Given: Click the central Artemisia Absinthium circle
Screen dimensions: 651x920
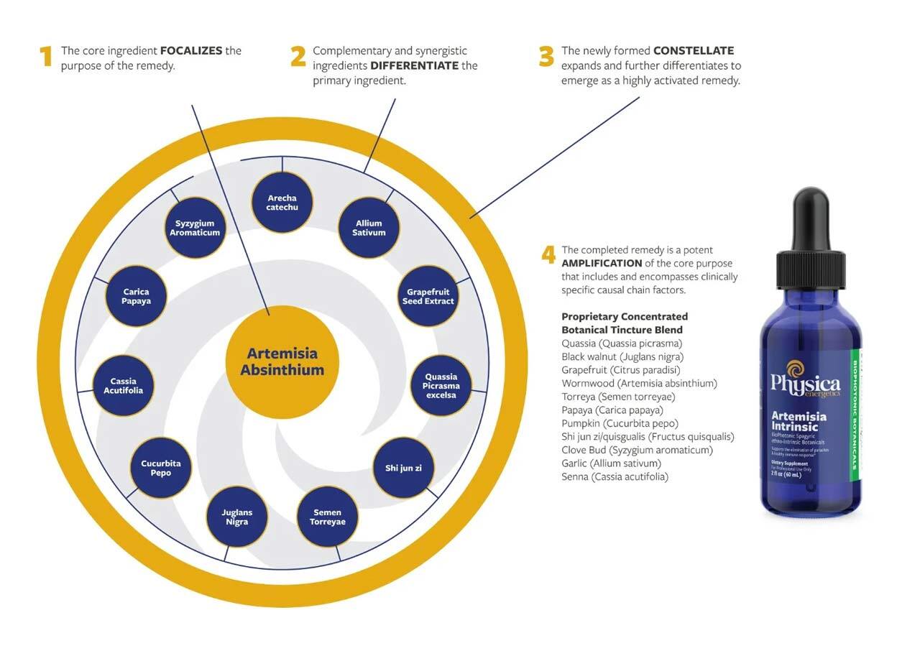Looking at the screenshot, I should [x=282, y=361].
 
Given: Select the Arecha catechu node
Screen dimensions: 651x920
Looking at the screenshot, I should [x=282, y=203].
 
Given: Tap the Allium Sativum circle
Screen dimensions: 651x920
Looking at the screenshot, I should [x=369, y=228].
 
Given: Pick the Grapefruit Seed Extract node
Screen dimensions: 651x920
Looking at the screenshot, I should [x=429, y=296].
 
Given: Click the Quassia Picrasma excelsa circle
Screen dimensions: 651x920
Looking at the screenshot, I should [x=441, y=386].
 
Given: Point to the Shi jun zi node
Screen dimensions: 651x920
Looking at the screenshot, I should [x=403, y=468].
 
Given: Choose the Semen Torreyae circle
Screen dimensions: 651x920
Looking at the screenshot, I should [x=327, y=517].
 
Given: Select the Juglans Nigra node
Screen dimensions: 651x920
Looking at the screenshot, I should [x=237, y=517].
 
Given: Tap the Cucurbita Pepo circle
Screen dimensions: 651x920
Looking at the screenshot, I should [x=161, y=468].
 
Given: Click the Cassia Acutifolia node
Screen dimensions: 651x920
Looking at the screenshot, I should [x=123, y=386].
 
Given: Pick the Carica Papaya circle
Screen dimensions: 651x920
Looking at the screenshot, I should [x=136, y=296].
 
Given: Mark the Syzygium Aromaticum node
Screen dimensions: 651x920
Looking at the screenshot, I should [x=195, y=228].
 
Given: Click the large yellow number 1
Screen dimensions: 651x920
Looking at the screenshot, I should [x=47, y=57].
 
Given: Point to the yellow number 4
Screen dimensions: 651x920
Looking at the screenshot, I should [x=548, y=255].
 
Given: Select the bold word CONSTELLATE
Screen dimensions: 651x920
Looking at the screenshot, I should [x=693, y=51].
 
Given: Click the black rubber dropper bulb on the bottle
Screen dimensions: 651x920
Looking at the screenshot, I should [x=811, y=216].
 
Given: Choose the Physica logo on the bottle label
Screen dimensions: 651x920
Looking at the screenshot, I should [x=805, y=381].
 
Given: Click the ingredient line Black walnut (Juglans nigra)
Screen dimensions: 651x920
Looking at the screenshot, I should [x=622, y=356].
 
